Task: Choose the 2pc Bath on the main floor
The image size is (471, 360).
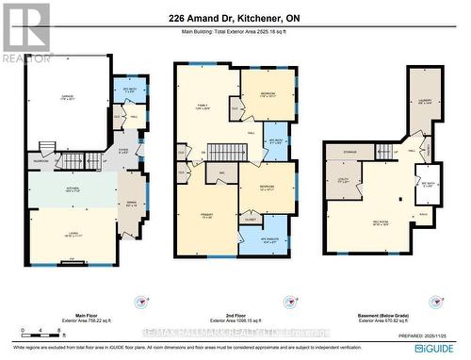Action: click(x=130, y=90)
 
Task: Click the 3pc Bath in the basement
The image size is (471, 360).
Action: click(x=429, y=185)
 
